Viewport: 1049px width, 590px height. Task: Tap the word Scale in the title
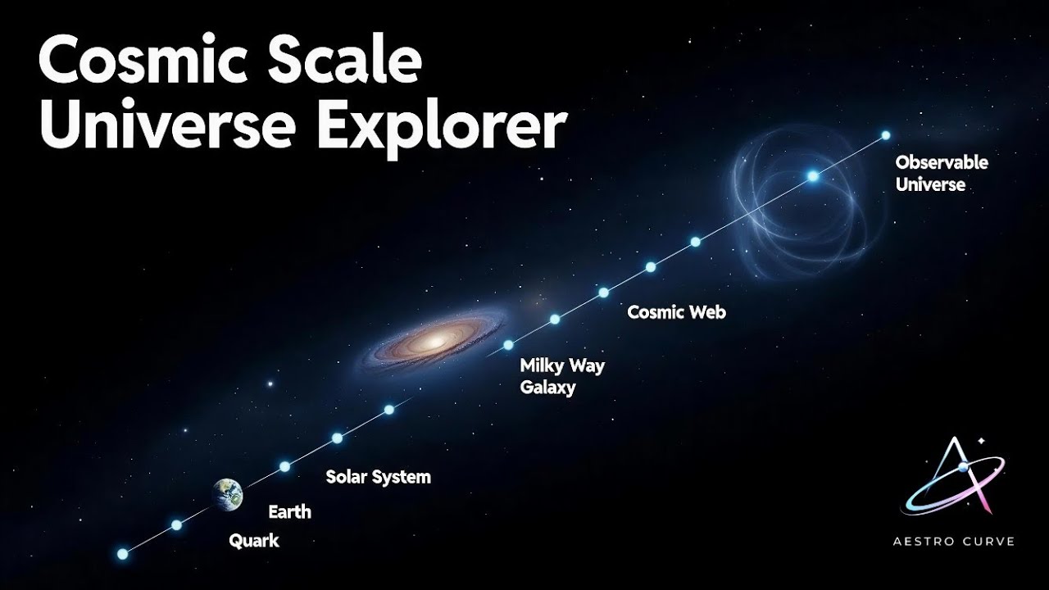(344, 63)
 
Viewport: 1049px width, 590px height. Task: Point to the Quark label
(254, 541)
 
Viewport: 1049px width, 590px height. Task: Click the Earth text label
(290, 513)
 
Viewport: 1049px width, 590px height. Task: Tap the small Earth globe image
(229, 492)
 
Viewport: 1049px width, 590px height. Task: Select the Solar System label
(378, 477)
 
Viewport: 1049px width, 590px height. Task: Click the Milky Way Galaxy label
(562, 376)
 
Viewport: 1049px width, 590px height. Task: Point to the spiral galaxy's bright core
(435, 338)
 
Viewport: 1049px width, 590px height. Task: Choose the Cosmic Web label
(676, 312)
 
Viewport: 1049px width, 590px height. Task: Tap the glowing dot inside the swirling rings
(813, 176)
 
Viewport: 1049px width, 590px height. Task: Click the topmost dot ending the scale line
(885, 135)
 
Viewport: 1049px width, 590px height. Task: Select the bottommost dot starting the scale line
(123, 554)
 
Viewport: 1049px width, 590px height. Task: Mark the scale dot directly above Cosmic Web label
(651, 266)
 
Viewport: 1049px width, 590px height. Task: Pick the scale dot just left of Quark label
(176, 524)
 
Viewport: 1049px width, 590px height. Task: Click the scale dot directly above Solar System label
(337, 438)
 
